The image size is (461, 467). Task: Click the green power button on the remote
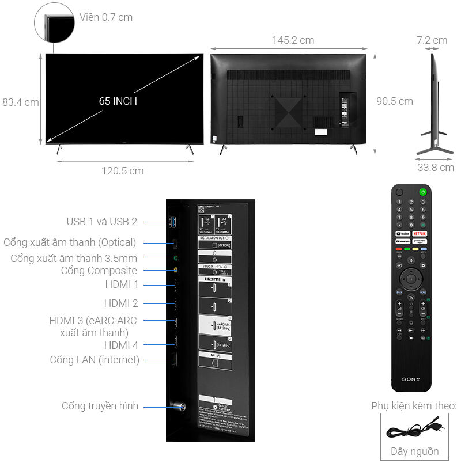[423, 192]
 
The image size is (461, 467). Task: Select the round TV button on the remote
[411, 297]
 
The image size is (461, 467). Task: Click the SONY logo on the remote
[411, 379]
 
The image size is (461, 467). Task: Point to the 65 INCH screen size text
[118, 101]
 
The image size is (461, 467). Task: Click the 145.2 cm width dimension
[293, 40]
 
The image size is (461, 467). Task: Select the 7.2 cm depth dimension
[432, 40]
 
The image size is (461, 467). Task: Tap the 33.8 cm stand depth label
[435, 168]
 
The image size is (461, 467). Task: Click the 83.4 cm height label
[20, 102]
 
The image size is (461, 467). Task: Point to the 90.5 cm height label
[395, 101]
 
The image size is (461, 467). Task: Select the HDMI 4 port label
[121, 345]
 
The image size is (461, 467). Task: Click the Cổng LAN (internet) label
[95, 360]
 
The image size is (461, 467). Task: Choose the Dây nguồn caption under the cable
[414, 451]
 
